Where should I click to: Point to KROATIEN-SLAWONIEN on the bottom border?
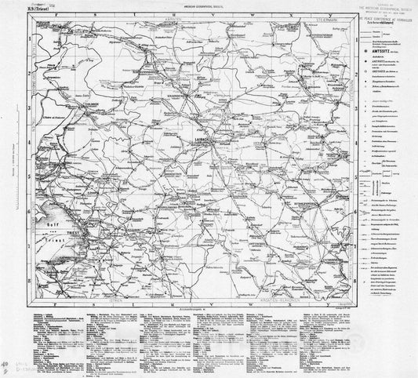pyautogui.click(x=300, y=293)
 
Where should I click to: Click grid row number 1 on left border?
pyautogui.click(x=26, y=37)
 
